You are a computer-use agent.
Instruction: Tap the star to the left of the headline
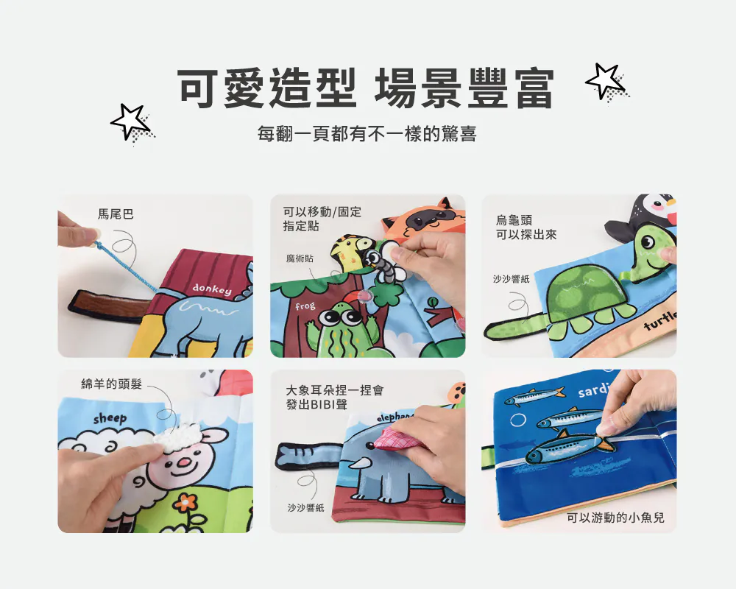tap(130, 121)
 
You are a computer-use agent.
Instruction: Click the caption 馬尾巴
tap(116, 214)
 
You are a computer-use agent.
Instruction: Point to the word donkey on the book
tap(212, 289)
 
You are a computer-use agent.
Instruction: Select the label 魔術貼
tap(300, 259)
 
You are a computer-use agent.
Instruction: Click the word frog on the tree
tap(305, 306)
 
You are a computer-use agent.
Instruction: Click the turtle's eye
tap(647, 242)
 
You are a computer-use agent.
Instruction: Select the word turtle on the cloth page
tap(660, 321)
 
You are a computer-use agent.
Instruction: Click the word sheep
tap(110, 418)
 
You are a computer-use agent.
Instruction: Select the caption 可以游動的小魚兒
tap(615, 518)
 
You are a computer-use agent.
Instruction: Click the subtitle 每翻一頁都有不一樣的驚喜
tap(367, 134)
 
